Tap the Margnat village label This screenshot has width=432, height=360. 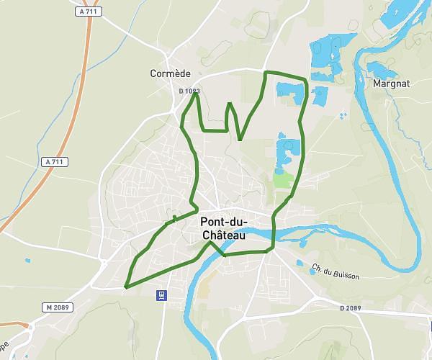tap(392, 84)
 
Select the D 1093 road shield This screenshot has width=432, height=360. tap(189, 91)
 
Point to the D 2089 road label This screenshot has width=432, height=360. tap(350, 307)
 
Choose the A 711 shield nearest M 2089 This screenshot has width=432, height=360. tap(53, 162)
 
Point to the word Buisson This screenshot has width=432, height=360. tap(344, 274)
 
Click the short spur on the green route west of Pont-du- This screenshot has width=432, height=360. tap(174, 217)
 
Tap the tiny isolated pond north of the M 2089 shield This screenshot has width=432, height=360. tap(27, 260)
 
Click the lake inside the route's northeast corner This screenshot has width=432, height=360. tap(288, 90)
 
